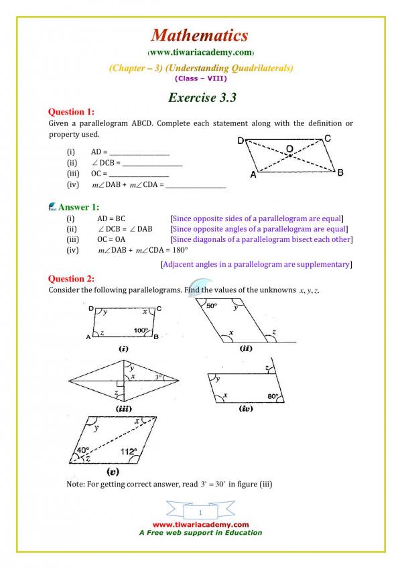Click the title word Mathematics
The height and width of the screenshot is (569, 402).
pos(200,36)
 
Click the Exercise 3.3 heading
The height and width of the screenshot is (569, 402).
pos(202,97)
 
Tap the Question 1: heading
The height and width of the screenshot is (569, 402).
pos(72,111)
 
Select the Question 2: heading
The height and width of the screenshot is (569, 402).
pos(72,278)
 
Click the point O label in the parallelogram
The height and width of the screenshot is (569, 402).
pos(289,149)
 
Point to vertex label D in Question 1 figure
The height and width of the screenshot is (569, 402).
pos(241,141)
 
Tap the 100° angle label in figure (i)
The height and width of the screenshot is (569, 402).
pos(140,331)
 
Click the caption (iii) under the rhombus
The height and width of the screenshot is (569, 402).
pos(123,408)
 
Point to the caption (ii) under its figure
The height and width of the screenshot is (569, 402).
pos(245,349)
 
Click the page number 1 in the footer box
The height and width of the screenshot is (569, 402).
pos(200,513)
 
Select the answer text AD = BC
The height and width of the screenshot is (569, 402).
pos(111,218)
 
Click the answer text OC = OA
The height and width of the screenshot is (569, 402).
pos(111,239)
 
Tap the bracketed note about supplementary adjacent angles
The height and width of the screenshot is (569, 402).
pos(257,265)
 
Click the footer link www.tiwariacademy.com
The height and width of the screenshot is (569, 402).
pos(200,525)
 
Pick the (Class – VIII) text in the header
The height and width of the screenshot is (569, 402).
pos(200,78)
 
